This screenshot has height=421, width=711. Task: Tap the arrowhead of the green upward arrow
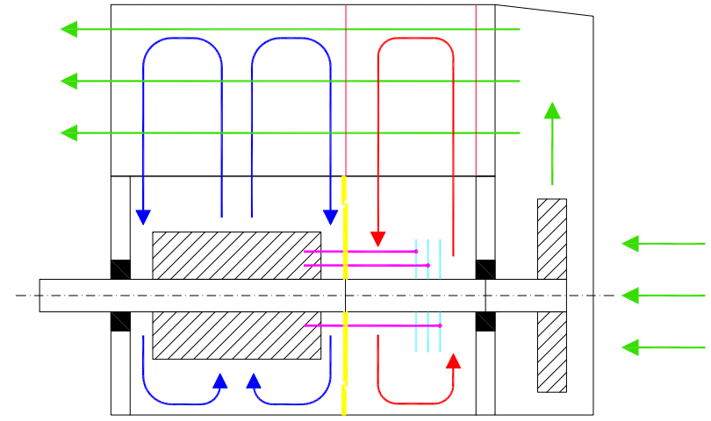point(552,111)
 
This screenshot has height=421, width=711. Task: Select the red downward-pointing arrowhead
point(378,239)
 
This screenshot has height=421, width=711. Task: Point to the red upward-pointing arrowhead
point(453,361)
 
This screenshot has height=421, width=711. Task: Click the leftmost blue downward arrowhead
point(143,217)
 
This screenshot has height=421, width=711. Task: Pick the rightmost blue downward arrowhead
point(331,217)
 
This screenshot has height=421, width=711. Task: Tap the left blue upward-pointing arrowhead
point(220,382)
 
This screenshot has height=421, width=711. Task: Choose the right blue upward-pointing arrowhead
point(254,382)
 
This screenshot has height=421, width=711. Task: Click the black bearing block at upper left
point(120,269)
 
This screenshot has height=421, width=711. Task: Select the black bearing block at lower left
point(120,322)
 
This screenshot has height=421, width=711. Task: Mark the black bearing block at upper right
point(485,269)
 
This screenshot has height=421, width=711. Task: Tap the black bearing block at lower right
point(485,322)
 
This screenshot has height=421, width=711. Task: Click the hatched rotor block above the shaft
point(236,255)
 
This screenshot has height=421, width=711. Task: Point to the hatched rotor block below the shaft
point(236,335)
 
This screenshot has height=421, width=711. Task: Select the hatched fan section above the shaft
point(551,239)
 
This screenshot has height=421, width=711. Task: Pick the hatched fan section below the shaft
point(551,352)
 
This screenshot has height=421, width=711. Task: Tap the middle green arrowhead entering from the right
point(630,296)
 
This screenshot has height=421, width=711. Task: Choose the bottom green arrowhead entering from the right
point(630,347)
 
